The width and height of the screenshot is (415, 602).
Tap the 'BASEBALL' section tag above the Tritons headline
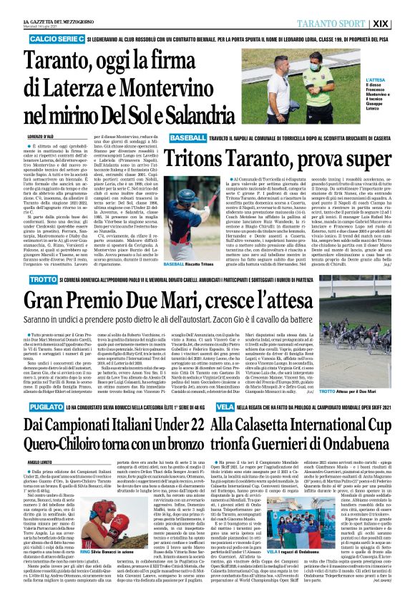(x=169, y=136)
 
